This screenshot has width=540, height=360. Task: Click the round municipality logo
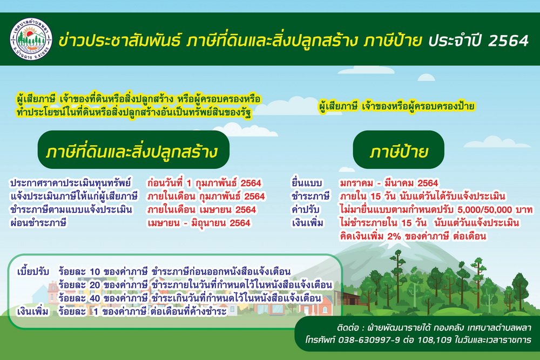tap(31, 39)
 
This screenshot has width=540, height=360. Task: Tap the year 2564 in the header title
tap(508, 40)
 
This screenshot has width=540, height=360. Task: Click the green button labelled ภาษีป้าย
tap(399, 150)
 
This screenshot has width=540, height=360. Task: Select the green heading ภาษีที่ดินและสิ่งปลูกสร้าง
tap(133, 150)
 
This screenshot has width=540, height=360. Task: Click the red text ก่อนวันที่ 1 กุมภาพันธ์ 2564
tap(204, 183)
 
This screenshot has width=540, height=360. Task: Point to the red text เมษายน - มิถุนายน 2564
tap(199, 223)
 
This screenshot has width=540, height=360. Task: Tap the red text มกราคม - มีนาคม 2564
tap(389, 183)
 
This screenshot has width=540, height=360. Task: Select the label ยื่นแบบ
tap(307, 183)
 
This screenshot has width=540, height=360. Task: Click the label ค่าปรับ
tap(306, 209)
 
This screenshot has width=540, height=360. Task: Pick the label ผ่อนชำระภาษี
tap(38, 223)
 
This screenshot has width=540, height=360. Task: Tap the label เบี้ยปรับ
tap(33, 272)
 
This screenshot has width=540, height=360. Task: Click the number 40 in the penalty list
tap(94, 298)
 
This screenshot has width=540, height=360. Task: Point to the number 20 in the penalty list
tap(94, 285)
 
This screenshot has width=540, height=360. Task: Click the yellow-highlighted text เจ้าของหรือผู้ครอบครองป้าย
tap(418, 106)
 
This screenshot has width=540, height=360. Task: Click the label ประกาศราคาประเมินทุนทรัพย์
tap(71, 183)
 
